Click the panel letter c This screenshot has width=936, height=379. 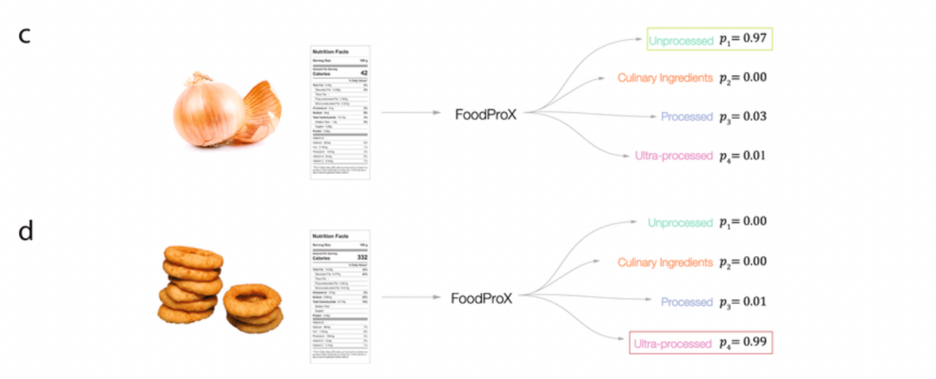click(x=24, y=36)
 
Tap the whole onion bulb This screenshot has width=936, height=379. click(x=209, y=112)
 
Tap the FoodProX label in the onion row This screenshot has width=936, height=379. click(x=485, y=113)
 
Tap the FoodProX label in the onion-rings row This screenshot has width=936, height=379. click(x=482, y=298)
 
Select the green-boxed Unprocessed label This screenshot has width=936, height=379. click(x=681, y=41)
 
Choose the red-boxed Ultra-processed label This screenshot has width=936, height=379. click(x=673, y=343)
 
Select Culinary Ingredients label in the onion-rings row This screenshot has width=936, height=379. click(x=664, y=262)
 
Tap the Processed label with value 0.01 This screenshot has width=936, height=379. click(x=687, y=301)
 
